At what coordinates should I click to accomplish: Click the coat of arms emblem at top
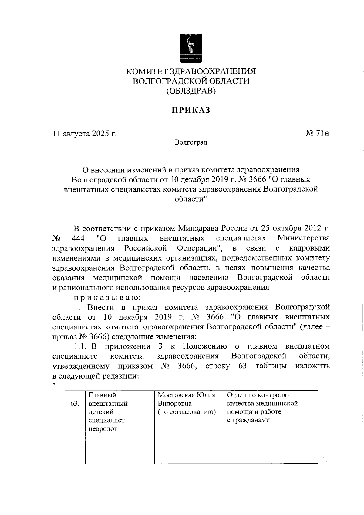click(x=191, y=48)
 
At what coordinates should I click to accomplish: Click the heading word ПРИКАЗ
click(x=191, y=110)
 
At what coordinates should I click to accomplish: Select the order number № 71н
click(x=317, y=133)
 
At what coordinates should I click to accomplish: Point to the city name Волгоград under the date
click(x=191, y=142)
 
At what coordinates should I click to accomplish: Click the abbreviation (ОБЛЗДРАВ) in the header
click(x=191, y=91)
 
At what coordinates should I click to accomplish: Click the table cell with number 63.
click(x=75, y=404)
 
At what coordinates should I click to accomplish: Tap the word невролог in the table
click(x=103, y=429)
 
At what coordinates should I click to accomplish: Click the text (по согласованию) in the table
click(x=187, y=412)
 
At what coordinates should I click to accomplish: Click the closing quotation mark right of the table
click(x=325, y=459)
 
